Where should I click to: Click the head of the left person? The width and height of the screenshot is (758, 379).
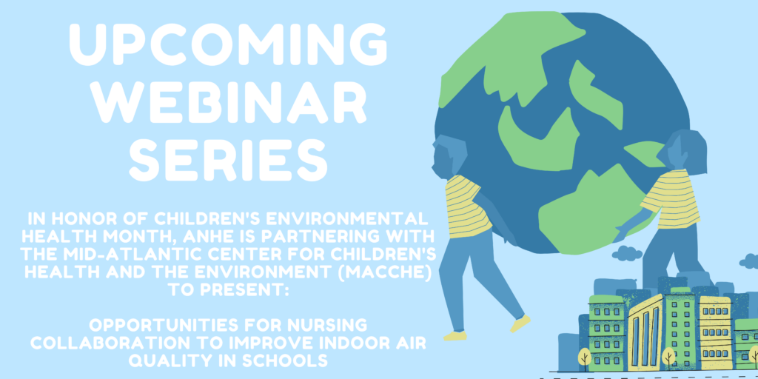(x=447, y=155)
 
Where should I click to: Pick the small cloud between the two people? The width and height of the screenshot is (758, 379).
(x=626, y=253)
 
